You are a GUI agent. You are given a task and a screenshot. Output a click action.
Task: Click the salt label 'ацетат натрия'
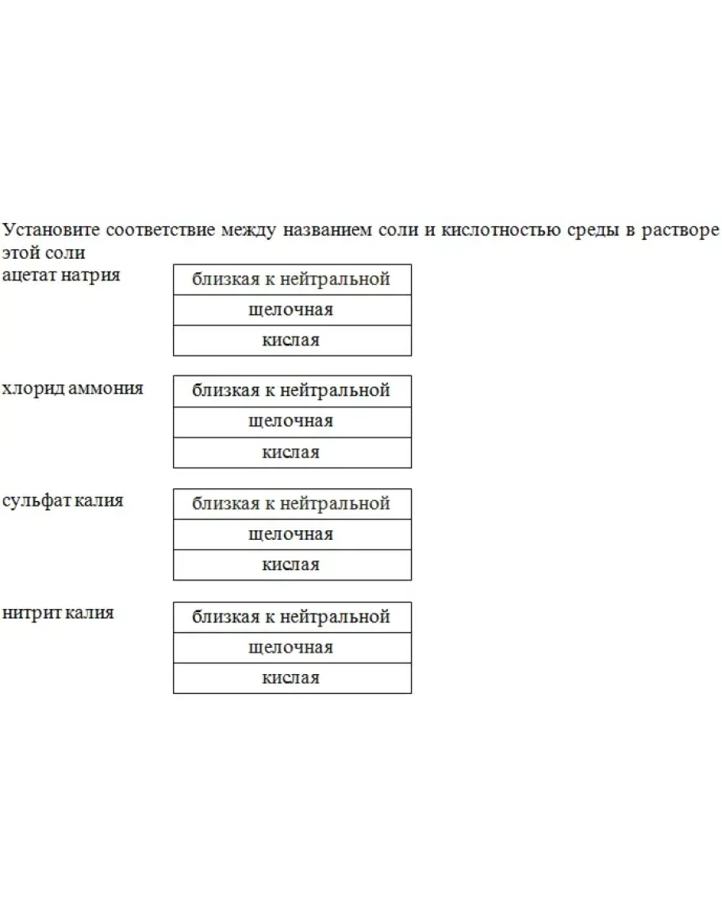(61, 275)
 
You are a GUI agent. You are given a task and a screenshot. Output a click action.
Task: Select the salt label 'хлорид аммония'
(72, 388)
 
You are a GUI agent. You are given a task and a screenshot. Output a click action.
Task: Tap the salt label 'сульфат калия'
(63, 501)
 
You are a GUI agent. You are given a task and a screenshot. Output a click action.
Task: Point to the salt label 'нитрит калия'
(58, 613)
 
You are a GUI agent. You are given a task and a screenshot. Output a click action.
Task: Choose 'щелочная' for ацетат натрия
(291, 310)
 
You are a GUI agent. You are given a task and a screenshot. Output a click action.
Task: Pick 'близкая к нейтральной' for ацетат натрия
(291, 279)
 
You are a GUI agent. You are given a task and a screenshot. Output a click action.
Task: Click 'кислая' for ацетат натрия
(291, 341)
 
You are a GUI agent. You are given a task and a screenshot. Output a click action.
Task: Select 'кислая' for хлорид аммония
(291, 453)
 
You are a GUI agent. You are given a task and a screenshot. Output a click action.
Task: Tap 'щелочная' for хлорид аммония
(291, 422)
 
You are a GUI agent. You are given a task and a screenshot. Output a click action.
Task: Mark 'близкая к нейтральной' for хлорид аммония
(291, 391)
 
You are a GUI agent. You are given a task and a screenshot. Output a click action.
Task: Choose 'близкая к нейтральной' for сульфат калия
(291, 504)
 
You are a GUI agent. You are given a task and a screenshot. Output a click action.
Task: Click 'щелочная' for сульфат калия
(291, 534)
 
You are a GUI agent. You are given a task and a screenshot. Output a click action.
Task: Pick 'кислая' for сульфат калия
(291, 565)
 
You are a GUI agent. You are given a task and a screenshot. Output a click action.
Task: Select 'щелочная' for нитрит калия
(291, 648)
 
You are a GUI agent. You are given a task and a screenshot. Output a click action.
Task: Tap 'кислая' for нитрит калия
(291, 678)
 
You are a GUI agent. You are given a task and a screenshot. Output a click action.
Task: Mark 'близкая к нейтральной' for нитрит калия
(291, 617)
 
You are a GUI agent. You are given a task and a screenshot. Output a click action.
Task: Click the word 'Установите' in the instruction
(52, 230)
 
